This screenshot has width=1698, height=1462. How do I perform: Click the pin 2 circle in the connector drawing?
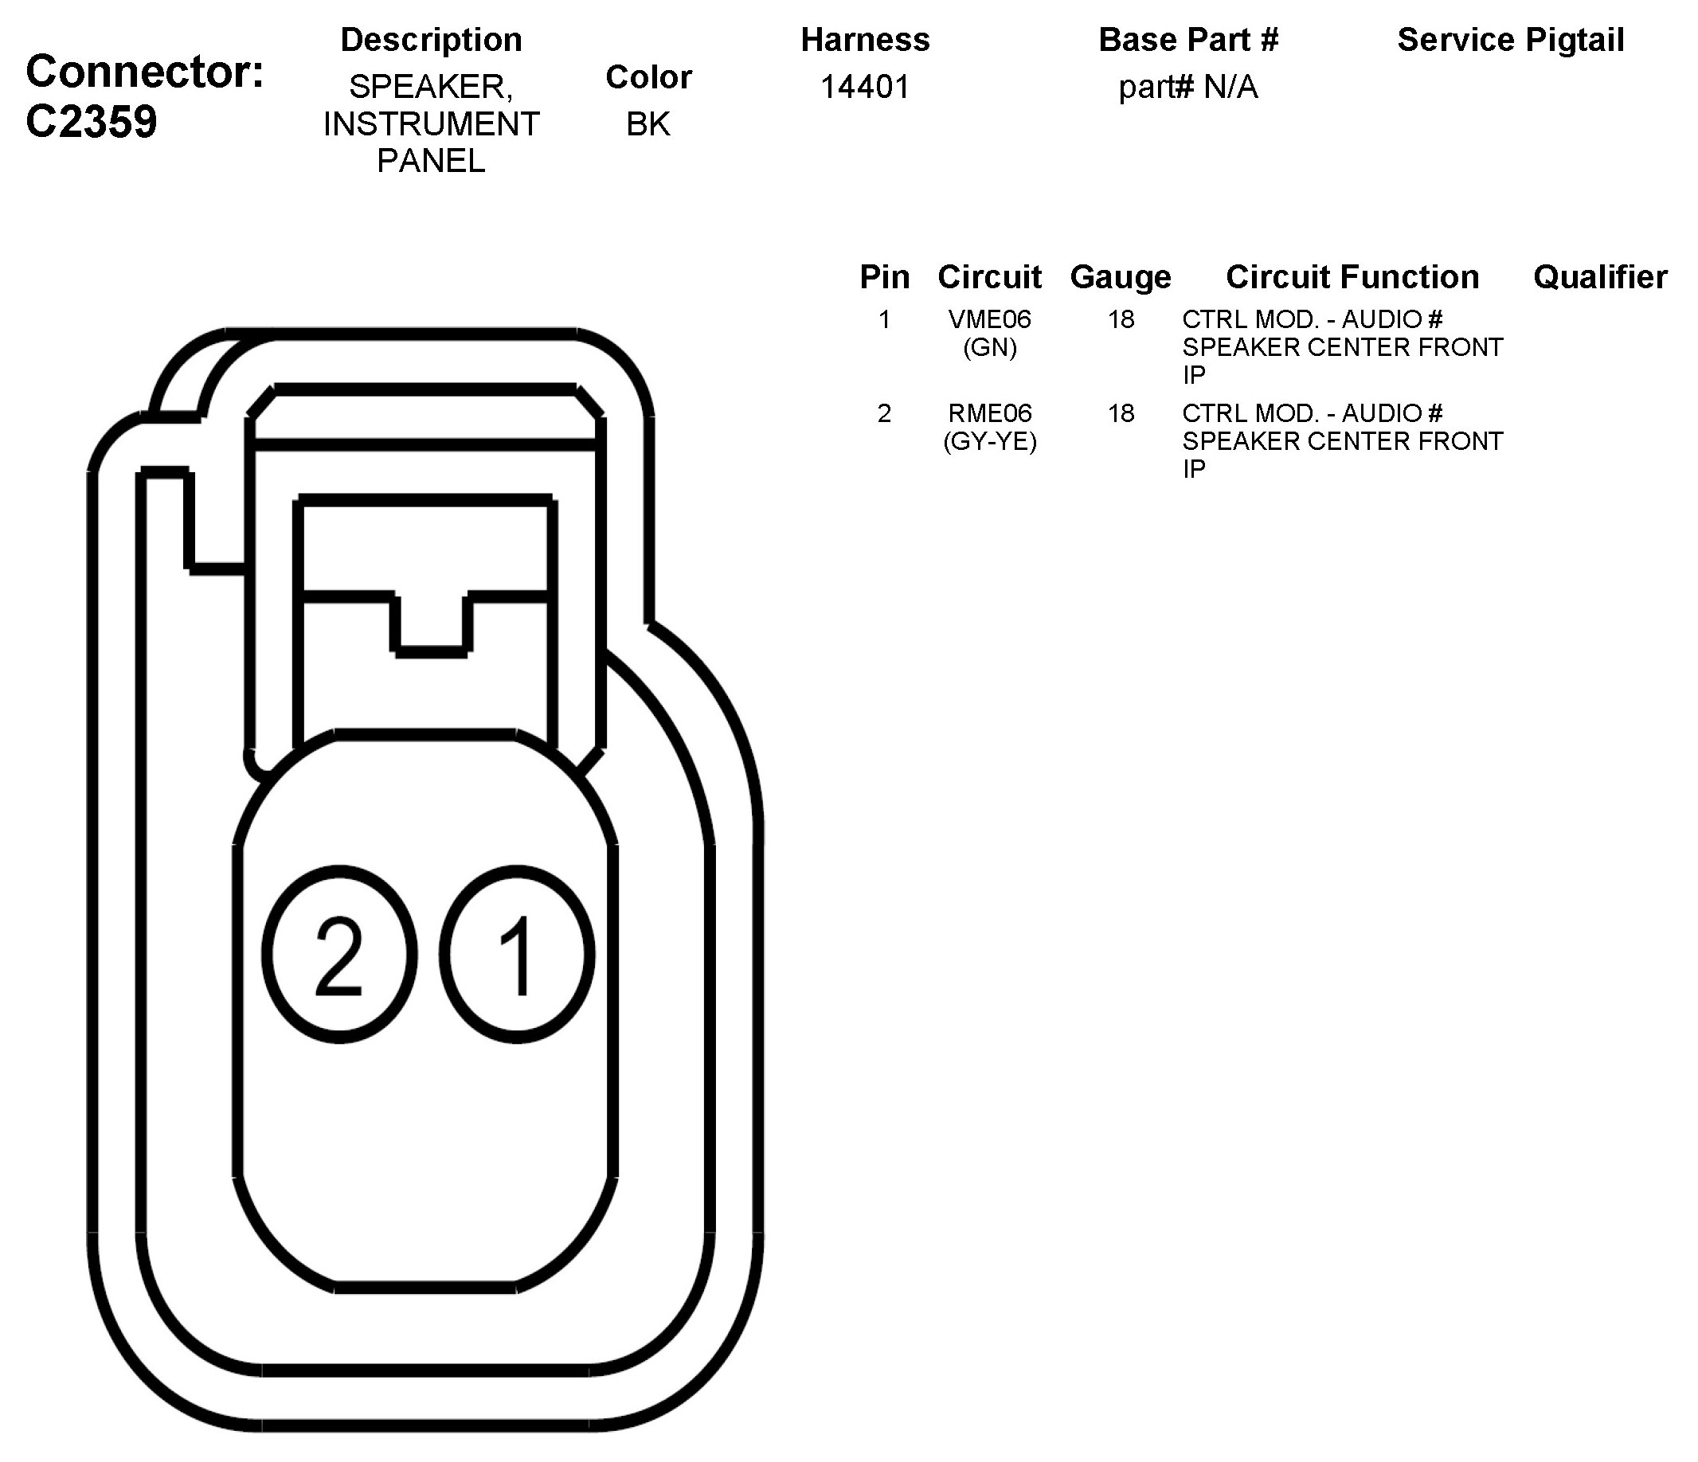point(339,955)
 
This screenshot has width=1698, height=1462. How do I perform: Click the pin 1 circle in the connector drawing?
point(517,955)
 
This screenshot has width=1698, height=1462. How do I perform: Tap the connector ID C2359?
point(91,122)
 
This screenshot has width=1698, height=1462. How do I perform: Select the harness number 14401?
point(865,87)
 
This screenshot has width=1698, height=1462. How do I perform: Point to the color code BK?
point(648,123)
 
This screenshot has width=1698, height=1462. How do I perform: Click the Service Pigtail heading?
point(1510,39)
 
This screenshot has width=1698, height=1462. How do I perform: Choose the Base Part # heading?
point(1187,39)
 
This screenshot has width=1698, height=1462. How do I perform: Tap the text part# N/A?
point(1187,87)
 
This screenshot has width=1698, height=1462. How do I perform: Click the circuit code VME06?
point(989,319)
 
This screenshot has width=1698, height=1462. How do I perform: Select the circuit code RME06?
point(989,413)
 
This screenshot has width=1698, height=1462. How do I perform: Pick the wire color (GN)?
point(989,347)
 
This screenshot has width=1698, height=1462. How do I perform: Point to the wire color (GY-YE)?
point(989,442)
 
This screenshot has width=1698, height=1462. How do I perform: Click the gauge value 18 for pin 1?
point(1121,319)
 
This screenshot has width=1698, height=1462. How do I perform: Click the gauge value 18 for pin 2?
point(1121,413)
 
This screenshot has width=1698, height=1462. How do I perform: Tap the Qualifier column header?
point(1600,277)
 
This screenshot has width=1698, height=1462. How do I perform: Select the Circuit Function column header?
point(1352,277)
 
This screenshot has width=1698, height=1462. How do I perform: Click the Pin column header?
point(884,277)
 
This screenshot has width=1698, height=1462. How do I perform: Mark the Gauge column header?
point(1121,277)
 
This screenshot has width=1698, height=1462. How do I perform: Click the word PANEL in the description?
point(431,161)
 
